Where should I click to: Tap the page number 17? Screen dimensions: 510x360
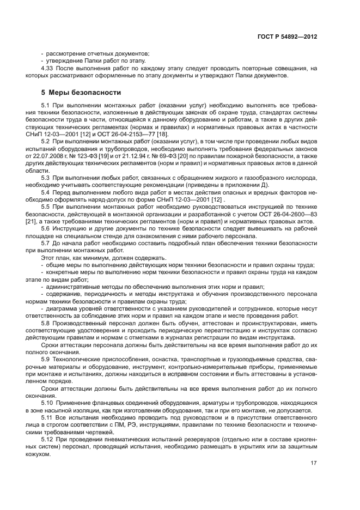314,464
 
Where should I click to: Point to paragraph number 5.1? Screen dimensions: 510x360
46,104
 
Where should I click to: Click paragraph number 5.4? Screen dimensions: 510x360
46,193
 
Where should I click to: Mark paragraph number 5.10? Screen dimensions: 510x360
47,402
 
